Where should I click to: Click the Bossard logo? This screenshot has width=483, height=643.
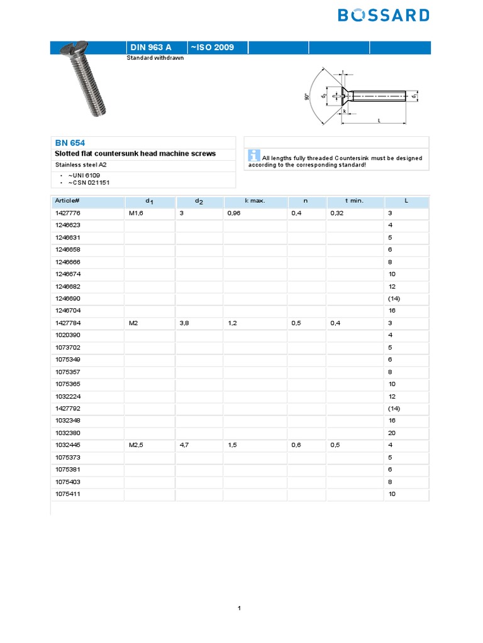pos(384,15)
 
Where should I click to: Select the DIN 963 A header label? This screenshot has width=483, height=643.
pos(150,47)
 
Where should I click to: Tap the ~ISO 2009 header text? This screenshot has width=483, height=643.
pos(211,47)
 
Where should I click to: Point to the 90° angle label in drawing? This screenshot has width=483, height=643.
pos(307,97)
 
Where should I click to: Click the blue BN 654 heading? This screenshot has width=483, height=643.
pos(69,143)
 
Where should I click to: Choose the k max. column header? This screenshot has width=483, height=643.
pos(255,201)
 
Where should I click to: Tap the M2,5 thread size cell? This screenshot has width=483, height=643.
pos(137,445)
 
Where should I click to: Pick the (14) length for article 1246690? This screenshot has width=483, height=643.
pos(394,299)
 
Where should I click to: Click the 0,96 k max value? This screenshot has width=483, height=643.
pos(235,213)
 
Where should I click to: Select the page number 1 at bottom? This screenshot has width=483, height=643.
pos(240,608)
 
